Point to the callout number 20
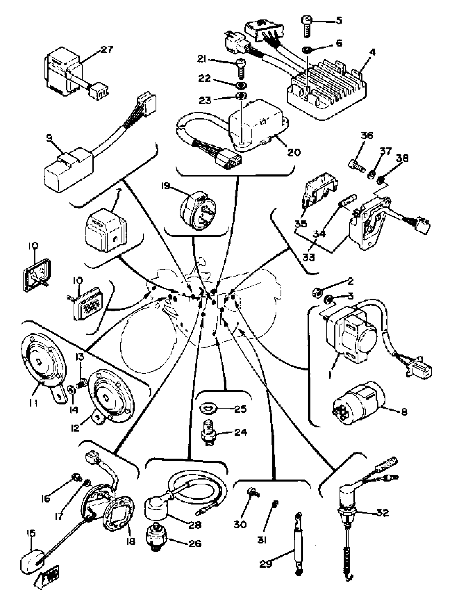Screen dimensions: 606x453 click(294, 152)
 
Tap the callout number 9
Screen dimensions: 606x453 click(49, 138)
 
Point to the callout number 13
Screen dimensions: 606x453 click(80, 357)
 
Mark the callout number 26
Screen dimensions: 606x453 click(195, 543)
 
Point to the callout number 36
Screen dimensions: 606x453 click(366, 136)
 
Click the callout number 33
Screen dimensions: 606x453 click(309, 258)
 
